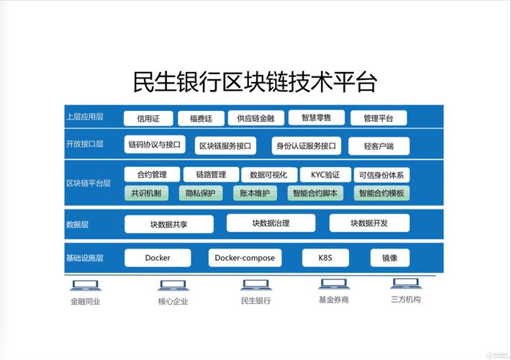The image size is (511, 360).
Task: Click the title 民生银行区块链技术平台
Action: (x=255, y=81)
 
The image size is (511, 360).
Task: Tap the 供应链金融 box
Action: (x=250, y=118)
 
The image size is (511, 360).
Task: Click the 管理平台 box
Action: (x=378, y=118)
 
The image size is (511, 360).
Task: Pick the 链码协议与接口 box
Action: (x=154, y=144)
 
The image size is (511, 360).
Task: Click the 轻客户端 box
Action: (x=379, y=146)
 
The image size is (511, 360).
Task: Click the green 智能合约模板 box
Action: (x=381, y=193)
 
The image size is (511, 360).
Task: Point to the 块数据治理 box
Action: (x=270, y=223)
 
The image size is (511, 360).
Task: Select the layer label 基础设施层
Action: (x=84, y=258)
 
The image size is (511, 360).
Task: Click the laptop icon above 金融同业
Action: (x=86, y=285)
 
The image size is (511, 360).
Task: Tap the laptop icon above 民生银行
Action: (x=255, y=285)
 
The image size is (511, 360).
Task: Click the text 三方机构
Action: (x=405, y=300)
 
